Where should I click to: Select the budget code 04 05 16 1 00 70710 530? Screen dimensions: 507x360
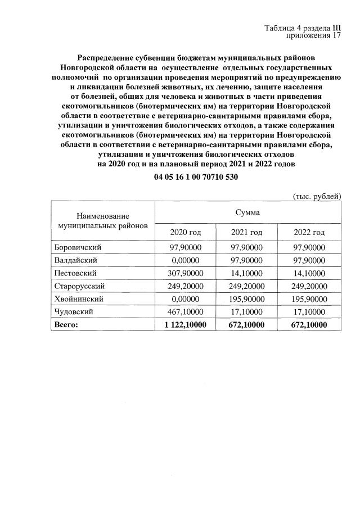tap(196, 176)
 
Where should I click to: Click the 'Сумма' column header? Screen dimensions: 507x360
tap(247, 212)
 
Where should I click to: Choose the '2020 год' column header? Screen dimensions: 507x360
tap(185, 232)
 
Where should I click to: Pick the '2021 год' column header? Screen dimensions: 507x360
tap(247, 232)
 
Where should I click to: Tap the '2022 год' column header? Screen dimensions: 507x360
tap(309, 232)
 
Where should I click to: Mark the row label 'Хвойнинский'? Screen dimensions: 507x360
tap(78, 299)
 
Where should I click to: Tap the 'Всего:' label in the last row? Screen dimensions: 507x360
tap(66, 325)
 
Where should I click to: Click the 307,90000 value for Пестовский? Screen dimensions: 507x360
tap(185, 273)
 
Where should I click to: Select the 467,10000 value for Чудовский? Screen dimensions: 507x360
tap(185, 312)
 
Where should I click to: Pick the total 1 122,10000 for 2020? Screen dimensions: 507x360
tap(185, 325)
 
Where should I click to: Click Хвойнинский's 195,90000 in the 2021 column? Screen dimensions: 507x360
tap(247, 299)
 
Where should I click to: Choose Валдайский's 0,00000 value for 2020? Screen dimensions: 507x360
tap(185, 260)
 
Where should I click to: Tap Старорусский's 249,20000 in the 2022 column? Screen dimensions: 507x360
tap(309, 286)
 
